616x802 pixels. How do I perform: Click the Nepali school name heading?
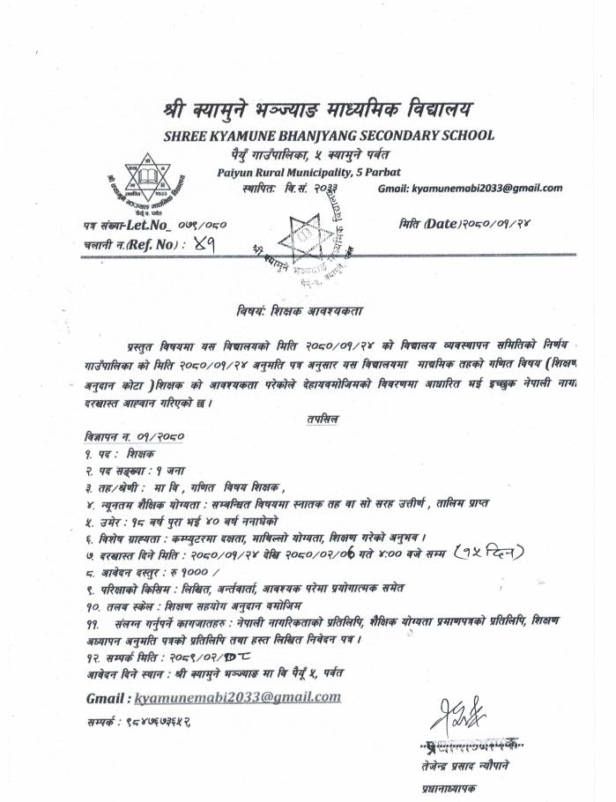[317, 112]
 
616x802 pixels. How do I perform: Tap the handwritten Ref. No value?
[212, 247]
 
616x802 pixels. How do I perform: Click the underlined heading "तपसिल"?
[324, 420]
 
